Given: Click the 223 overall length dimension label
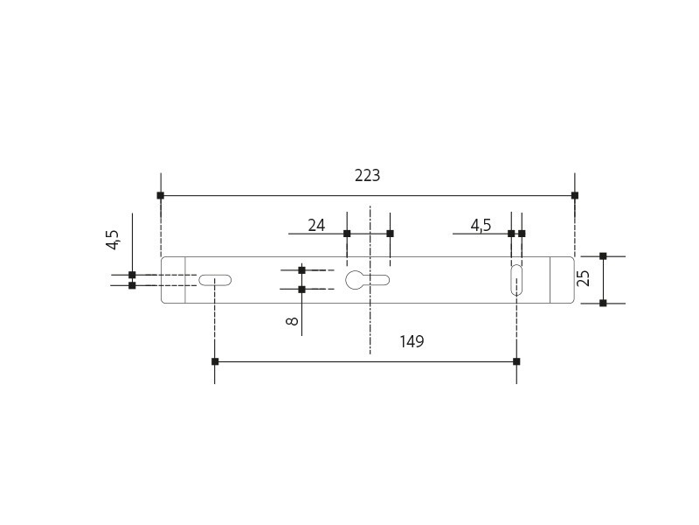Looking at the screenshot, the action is [x=367, y=176].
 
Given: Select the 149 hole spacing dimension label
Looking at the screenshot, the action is [x=412, y=341].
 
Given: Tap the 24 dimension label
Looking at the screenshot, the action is [x=316, y=226].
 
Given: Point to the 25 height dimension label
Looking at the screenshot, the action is [x=583, y=278].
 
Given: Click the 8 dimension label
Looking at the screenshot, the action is [x=292, y=321].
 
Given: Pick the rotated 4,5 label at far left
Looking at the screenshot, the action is [x=113, y=240].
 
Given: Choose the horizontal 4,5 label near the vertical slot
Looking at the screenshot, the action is [x=481, y=226].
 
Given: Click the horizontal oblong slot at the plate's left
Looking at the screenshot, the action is [x=215, y=280].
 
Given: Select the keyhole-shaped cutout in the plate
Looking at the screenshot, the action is [x=367, y=280].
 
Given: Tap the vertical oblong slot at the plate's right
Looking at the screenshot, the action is [x=516, y=280].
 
